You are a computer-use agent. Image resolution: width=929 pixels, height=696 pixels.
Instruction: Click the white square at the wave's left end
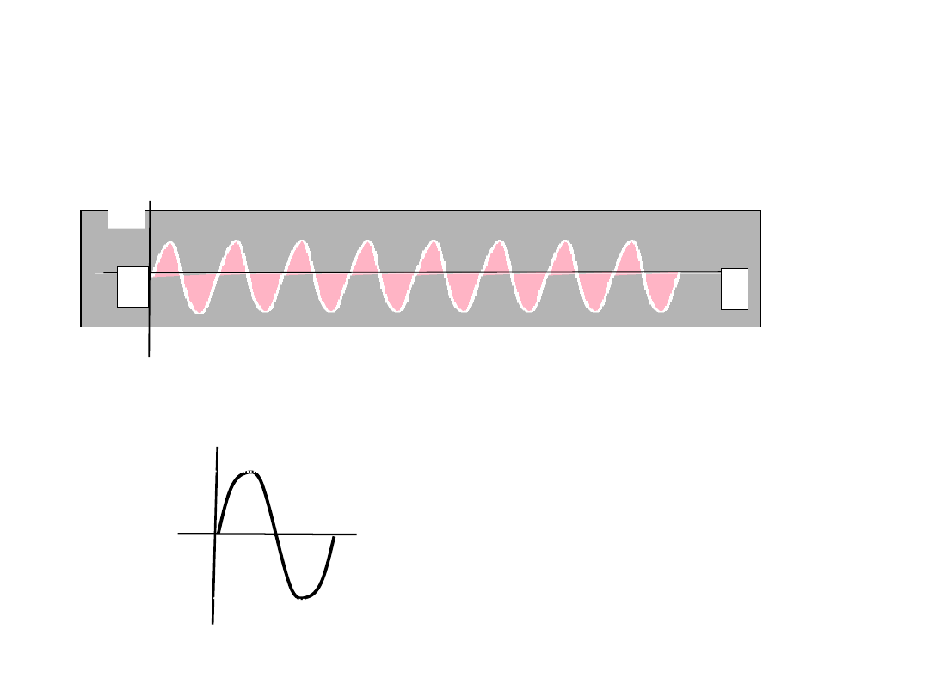click(x=132, y=287)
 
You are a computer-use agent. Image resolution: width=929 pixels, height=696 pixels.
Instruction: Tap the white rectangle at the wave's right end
click(x=734, y=288)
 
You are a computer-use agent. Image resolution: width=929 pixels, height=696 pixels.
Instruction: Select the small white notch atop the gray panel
click(x=126, y=218)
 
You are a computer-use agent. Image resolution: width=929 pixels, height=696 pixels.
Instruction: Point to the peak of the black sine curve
click(x=249, y=473)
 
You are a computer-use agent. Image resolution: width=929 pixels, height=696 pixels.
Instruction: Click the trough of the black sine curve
click(x=302, y=597)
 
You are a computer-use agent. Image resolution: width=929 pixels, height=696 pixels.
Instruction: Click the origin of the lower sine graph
click(x=216, y=534)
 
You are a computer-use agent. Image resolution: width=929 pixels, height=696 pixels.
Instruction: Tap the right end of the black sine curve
click(x=334, y=538)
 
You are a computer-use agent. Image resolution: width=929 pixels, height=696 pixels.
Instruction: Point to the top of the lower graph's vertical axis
click(x=217, y=448)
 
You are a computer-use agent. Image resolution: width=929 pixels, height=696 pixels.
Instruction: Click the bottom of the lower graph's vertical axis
click(x=212, y=623)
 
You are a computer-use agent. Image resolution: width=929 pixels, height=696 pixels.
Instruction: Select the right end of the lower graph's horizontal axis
click(x=356, y=534)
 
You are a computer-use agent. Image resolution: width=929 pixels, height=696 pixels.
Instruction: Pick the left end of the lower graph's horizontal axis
click(x=179, y=534)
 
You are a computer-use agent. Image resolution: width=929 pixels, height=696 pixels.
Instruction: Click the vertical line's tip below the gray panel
click(x=149, y=356)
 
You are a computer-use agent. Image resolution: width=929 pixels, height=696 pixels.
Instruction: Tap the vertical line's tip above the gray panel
click(x=150, y=202)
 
